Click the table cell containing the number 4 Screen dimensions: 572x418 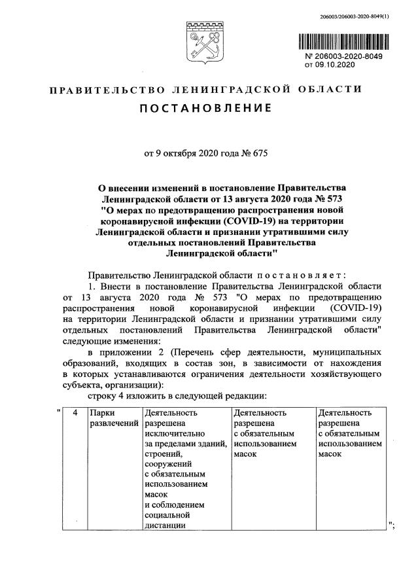[75, 413]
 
